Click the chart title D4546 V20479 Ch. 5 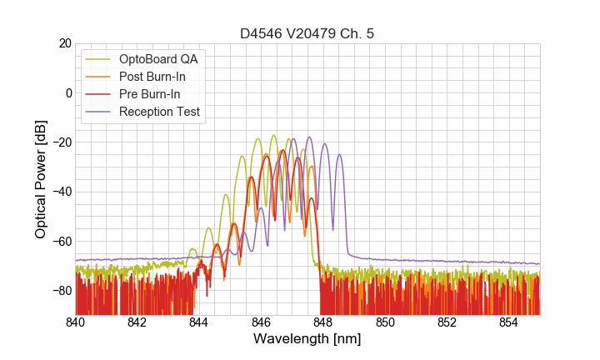(x=307, y=34)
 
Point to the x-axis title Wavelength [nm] (x=307, y=340)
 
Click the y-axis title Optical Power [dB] (x=41, y=179)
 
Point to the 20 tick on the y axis (x=63, y=43)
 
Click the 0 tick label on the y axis (x=67, y=92)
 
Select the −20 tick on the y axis (x=60, y=142)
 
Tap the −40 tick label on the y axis (x=60, y=192)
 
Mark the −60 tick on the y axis (x=60, y=241)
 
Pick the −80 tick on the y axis (x=60, y=290)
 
